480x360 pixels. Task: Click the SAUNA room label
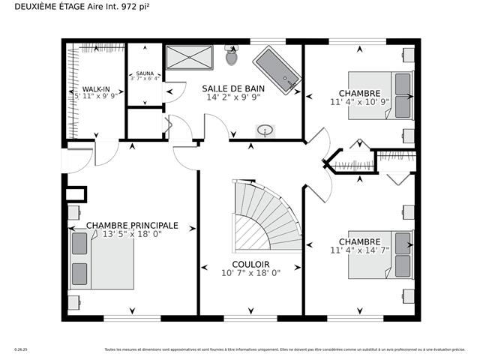(145, 73)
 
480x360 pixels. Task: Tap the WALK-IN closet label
(96, 88)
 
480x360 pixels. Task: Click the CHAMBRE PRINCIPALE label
(132, 225)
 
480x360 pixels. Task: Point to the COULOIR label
(250, 264)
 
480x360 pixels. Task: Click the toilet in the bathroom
(231, 55)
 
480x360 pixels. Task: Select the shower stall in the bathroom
(189, 57)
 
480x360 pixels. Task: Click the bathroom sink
(265, 130)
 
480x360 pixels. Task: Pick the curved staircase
(262, 217)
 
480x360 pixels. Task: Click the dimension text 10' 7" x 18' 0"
(250, 273)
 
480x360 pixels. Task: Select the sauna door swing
(171, 91)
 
